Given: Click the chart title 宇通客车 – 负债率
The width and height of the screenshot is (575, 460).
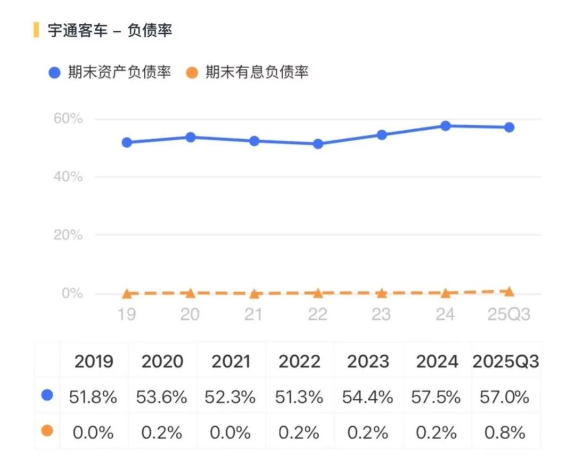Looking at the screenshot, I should click(110, 30).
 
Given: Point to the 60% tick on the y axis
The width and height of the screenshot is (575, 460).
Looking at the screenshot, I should click(68, 118).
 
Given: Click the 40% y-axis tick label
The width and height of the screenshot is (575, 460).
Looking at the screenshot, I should click(68, 176).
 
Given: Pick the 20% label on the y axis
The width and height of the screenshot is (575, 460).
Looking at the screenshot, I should click(68, 235).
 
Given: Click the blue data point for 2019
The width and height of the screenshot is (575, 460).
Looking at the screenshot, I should click(127, 142).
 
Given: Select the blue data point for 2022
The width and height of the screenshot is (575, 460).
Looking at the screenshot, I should click(318, 144).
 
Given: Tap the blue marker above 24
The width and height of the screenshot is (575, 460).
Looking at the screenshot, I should click(446, 126).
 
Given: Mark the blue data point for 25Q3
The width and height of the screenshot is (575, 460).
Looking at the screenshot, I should click(510, 127).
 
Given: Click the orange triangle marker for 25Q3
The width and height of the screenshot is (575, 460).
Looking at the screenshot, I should click(510, 291).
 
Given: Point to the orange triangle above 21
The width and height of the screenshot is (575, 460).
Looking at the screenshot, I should click(254, 294).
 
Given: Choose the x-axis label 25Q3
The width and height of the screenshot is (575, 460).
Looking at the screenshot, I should click(510, 314).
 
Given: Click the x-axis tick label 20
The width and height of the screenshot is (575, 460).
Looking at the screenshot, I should click(190, 314).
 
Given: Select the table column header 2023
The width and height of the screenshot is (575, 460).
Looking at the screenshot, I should click(368, 362).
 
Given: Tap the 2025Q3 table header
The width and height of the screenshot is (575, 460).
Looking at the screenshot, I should click(506, 362).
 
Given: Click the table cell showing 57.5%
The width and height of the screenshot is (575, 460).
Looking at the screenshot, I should click(437, 397).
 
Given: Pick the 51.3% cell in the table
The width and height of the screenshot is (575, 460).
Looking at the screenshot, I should click(299, 397).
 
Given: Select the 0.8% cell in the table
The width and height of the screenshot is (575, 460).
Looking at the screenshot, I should click(505, 432).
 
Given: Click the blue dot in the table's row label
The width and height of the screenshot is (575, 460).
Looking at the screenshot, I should click(47, 395).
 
